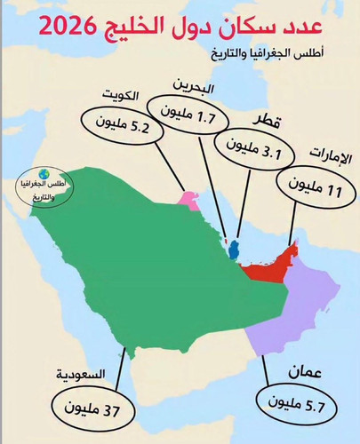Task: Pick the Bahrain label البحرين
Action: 194,86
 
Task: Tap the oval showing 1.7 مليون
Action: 192,114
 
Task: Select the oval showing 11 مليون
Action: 311,186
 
